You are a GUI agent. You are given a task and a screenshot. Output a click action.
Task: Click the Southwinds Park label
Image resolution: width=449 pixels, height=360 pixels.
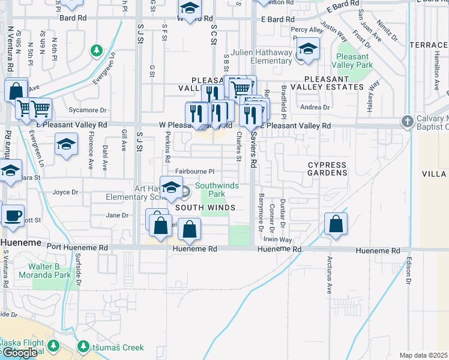click(217, 190)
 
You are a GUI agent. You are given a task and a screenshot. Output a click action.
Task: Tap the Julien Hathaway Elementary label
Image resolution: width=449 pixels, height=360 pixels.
click(264, 56)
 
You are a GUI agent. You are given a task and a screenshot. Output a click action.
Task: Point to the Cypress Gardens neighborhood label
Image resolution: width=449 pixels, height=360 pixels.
click(327, 169)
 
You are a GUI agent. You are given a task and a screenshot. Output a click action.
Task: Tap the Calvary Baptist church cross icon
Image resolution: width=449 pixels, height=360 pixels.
click(408, 121)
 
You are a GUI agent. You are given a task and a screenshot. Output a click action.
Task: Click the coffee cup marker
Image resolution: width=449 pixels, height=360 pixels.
click(13, 215)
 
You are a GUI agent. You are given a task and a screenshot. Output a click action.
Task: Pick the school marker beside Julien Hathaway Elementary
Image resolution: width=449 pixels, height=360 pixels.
click(308, 48)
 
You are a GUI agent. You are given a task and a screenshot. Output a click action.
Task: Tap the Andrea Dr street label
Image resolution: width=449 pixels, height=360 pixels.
click(315, 107)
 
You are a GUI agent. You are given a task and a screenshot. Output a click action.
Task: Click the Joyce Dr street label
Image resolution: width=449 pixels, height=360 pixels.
click(65, 193)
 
